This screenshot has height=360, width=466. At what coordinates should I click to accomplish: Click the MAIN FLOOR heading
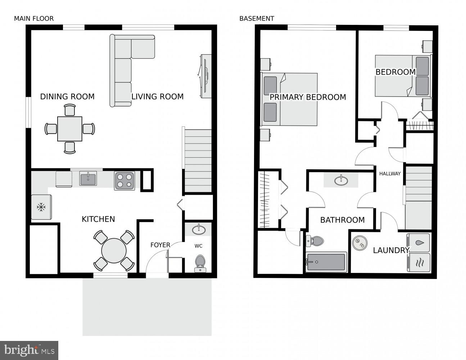(x=34, y=18)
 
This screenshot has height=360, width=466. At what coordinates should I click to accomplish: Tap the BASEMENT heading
(x=257, y=18)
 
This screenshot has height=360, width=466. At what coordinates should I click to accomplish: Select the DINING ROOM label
(x=67, y=96)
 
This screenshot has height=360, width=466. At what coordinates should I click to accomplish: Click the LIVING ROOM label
(x=157, y=96)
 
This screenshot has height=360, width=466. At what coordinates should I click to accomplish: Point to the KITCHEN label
(x=98, y=219)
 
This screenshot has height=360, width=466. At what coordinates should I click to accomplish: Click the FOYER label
(x=160, y=245)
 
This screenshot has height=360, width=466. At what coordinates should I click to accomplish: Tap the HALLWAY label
(x=390, y=174)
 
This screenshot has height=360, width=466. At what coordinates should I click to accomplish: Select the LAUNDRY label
(x=391, y=250)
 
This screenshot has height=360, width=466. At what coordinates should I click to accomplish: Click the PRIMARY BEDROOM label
(x=308, y=97)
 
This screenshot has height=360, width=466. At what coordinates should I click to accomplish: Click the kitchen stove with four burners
(x=125, y=181)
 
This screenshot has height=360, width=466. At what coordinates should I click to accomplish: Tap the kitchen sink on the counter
(x=88, y=178)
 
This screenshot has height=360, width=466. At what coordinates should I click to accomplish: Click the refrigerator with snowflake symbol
(x=41, y=207)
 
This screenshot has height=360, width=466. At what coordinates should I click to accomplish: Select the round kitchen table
(x=114, y=251)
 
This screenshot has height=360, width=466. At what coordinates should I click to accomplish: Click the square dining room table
(x=70, y=129)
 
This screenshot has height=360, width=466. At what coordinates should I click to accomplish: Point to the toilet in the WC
(x=200, y=263)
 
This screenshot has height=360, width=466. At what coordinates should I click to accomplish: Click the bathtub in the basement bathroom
(x=326, y=262)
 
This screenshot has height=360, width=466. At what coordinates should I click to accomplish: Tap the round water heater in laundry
(x=359, y=243)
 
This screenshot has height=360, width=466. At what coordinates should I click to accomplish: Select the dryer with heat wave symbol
(x=419, y=263)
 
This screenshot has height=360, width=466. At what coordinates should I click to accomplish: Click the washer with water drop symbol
(x=419, y=243)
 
